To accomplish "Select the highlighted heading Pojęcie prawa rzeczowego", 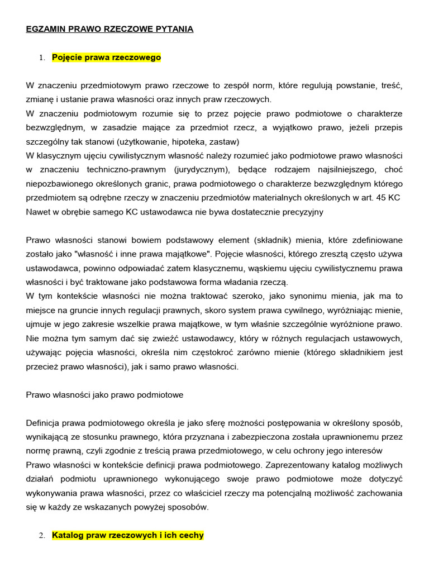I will point(106,57).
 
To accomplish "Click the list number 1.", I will point(41,58).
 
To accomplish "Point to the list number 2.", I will point(41,536).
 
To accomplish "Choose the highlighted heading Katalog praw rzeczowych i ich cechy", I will point(128,535).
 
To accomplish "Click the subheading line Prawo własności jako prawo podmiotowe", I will point(105,394).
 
